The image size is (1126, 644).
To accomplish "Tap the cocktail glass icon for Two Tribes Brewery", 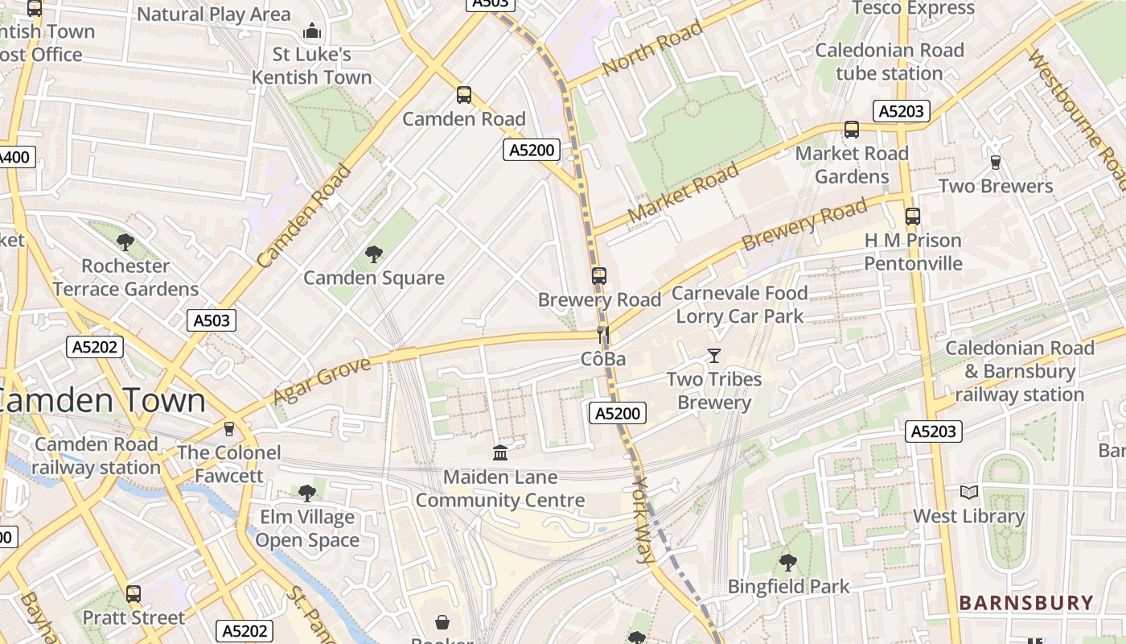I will click(713, 355).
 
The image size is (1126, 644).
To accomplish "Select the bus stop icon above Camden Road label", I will click(463, 95).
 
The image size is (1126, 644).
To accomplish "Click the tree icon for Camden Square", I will click(373, 254).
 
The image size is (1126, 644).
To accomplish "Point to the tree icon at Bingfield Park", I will click(787, 563).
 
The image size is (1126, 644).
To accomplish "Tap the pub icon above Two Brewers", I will click(995, 163).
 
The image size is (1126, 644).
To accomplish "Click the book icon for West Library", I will click(969, 492).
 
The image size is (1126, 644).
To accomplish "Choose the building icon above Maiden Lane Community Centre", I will click(500, 453).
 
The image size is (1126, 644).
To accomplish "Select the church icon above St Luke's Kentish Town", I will click(311, 31).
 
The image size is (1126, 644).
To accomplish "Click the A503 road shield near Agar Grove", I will click(212, 320).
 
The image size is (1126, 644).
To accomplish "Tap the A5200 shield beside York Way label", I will click(618, 414).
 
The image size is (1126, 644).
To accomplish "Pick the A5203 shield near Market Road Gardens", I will click(902, 111).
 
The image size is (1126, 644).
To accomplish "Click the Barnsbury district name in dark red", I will click(1026, 603).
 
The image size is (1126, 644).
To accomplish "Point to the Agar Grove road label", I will click(322, 381).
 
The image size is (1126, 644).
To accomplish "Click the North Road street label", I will click(651, 48).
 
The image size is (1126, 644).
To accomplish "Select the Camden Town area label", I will click(101, 401).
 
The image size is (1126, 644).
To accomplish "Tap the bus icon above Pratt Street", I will click(134, 594).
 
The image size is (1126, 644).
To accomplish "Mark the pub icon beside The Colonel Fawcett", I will click(229, 428).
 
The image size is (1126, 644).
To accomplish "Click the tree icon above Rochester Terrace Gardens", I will click(125, 242).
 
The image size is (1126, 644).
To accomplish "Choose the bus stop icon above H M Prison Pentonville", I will click(912, 217).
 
